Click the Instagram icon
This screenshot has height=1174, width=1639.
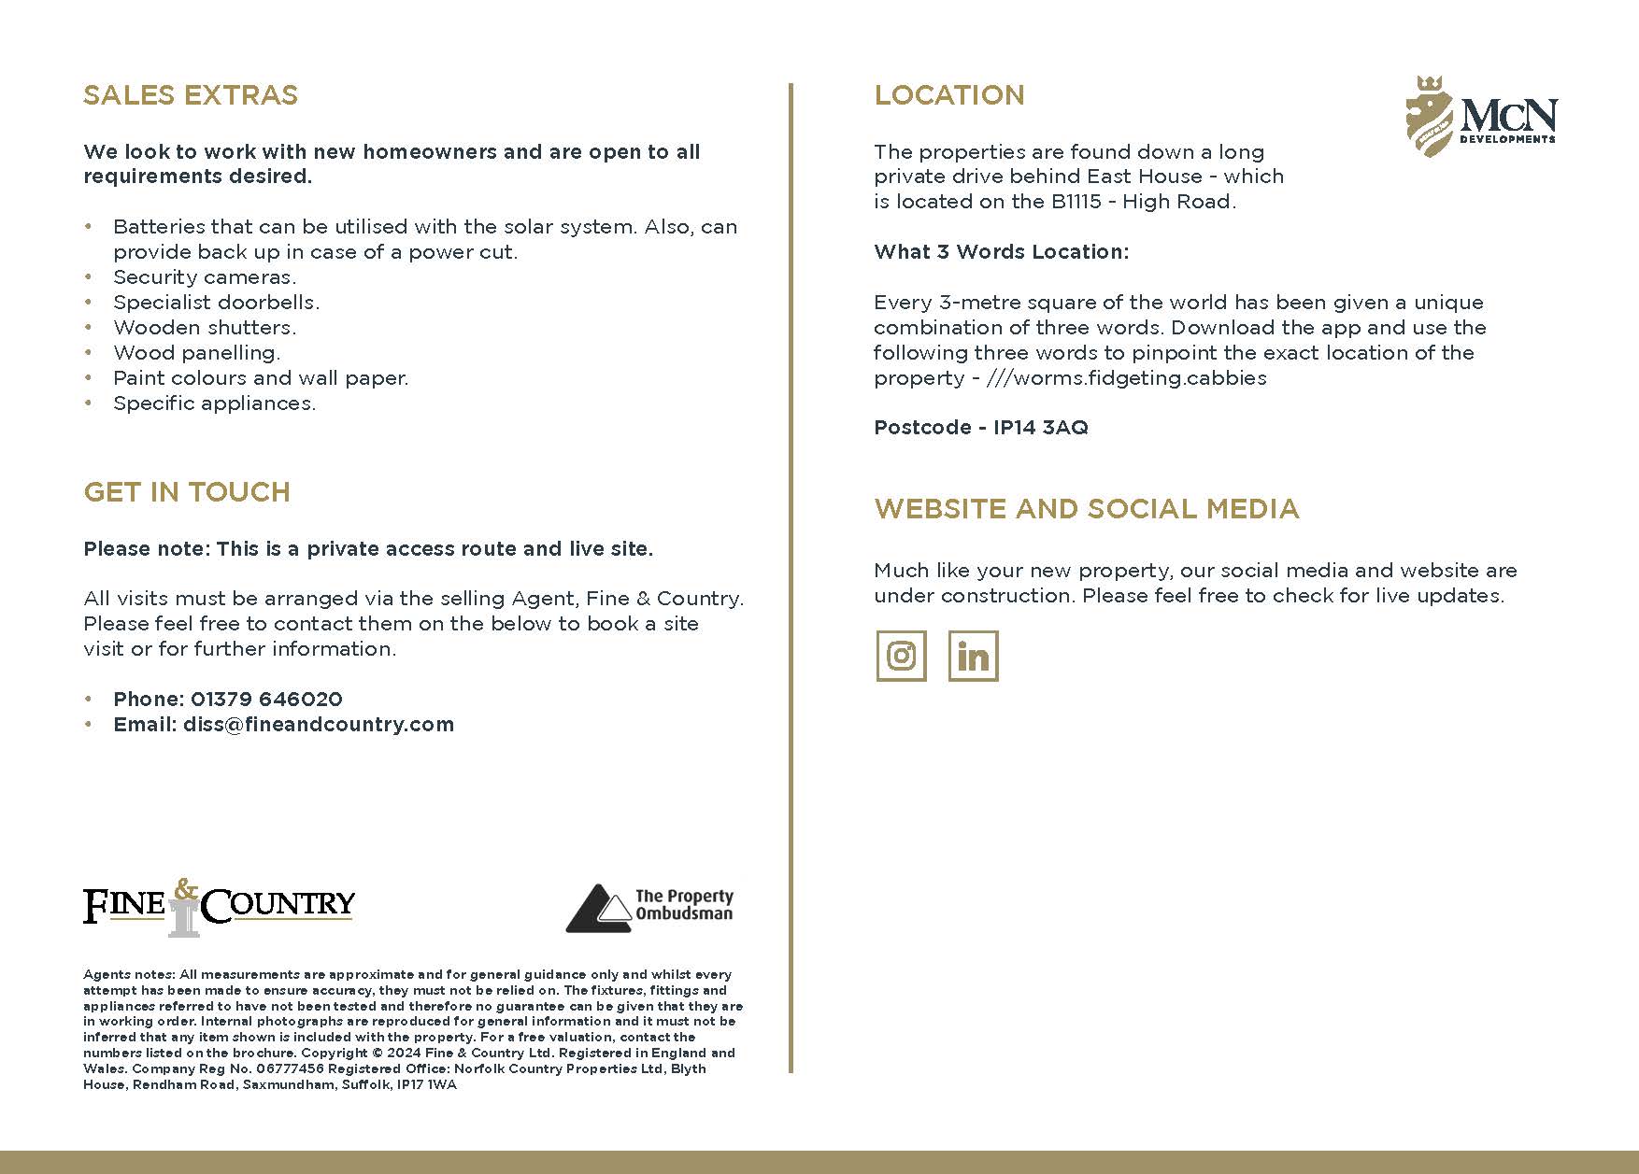pos(901,656)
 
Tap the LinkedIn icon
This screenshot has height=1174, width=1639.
pos(973,656)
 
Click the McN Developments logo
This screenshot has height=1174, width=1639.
pos(1481,117)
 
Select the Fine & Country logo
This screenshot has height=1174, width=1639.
pos(219,906)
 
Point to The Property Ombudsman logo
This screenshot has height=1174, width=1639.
pos(650,908)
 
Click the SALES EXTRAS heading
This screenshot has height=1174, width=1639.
pos(191,95)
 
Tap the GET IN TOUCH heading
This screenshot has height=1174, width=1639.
pos(187,492)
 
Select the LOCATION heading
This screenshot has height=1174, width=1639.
pos(949,95)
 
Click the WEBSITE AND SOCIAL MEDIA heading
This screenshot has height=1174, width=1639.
pos(1087,509)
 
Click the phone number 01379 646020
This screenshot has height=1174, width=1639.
pos(266,700)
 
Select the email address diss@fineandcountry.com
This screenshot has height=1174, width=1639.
pos(318,725)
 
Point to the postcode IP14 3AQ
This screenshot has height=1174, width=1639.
pos(1040,428)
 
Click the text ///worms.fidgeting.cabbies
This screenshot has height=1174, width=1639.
pos(1126,378)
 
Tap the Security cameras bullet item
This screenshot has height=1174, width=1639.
pos(205,277)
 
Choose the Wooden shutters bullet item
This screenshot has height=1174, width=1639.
pos(205,328)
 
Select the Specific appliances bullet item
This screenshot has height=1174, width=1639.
pos(215,403)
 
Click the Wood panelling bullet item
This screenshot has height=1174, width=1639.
pos(196,353)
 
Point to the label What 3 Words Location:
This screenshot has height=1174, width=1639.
pos(1001,252)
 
